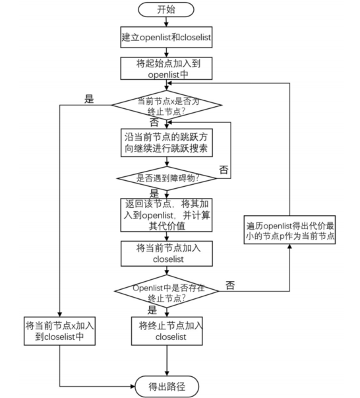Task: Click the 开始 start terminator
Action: (165, 10)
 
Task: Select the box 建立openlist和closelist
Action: (165, 37)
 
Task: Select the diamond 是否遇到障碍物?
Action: (165, 178)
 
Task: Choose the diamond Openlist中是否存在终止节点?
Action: (165, 290)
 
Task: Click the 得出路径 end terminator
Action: (165, 385)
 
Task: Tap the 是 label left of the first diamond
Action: (90, 100)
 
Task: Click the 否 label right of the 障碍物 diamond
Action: (224, 170)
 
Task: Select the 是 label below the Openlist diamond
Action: (152, 309)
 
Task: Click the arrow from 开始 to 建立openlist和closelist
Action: (165, 22)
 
